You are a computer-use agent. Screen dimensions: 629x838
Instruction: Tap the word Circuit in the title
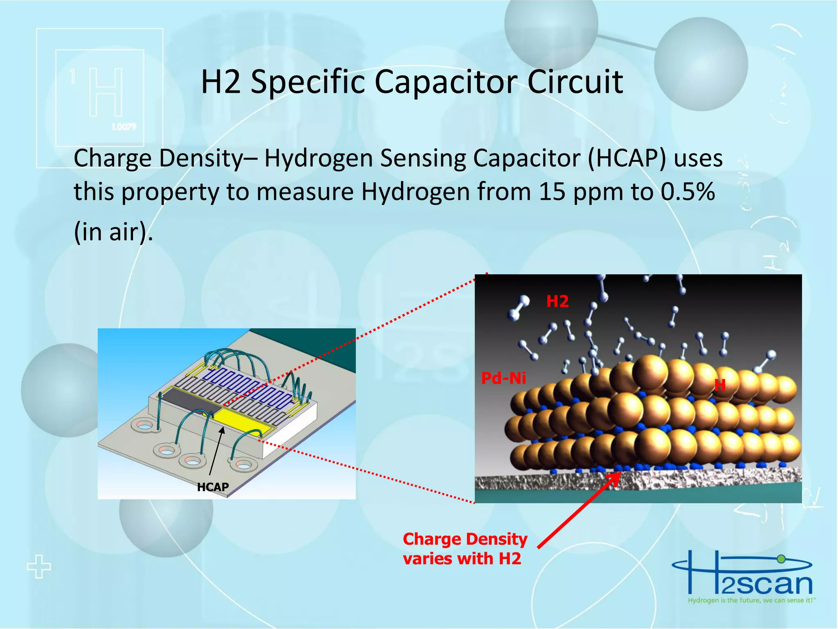point(575,82)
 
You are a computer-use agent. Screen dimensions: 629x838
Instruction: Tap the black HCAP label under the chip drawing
point(213,487)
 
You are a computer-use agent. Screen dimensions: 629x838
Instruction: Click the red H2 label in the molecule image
point(557,302)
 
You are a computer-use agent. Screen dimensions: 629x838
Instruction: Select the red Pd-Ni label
point(503,378)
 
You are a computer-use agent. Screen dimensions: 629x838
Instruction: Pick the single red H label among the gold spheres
point(720,385)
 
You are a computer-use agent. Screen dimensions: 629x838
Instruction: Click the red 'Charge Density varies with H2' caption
point(465,549)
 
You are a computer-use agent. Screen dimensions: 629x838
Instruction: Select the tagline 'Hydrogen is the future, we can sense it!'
point(751,601)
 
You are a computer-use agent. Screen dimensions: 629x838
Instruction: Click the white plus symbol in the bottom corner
point(39,567)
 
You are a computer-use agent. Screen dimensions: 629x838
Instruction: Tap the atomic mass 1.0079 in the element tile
point(124,127)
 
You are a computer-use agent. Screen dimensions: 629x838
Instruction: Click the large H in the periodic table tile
point(106,93)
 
